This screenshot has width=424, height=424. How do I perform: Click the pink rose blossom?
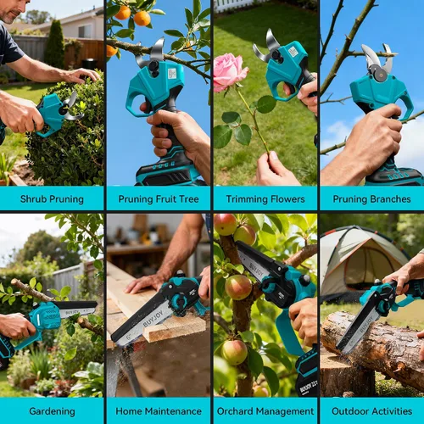pos(231,73)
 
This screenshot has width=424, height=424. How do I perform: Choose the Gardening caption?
pos(52,411)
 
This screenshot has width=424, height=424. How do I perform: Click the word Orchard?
pos(236,411)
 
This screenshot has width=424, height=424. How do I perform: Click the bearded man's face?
pos(11,11)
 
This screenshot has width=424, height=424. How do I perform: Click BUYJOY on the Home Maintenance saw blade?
pos(153,319)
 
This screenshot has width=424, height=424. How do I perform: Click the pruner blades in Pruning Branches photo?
pos(377,59)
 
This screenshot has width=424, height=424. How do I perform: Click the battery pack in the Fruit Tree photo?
pos(167,172)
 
